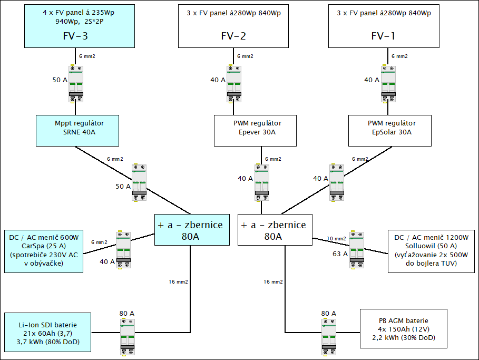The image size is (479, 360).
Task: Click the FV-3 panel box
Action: click(x=75, y=26)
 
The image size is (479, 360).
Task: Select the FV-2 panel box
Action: click(x=233, y=26)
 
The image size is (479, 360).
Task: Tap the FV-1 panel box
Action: click(x=384, y=26)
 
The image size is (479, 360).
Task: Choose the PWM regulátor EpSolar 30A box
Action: click(x=389, y=131)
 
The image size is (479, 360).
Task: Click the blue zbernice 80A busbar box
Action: click(x=192, y=230)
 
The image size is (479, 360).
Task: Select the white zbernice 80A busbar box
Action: click(x=274, y=230)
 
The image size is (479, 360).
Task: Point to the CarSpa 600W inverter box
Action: click(x=43, y=251)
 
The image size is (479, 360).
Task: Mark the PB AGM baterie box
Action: click(x=403, y=328)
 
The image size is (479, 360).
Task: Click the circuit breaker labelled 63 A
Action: click(x=357, y=250)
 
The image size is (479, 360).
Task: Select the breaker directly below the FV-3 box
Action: click(x=76, y=83)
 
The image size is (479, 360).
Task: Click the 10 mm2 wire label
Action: click(x=337, y=238)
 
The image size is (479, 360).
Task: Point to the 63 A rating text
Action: click(x=340, y=254)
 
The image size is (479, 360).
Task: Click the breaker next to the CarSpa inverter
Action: click(x=124, y=250)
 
